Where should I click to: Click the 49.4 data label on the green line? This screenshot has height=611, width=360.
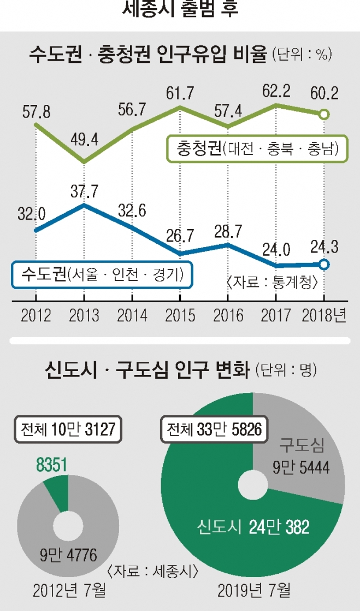(84, 140)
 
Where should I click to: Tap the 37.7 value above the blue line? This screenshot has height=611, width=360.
(84, 191)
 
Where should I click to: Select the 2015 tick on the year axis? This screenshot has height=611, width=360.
(180, 316)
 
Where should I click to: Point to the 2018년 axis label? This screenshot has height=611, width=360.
(324, 316)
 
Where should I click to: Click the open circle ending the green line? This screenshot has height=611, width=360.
(324, 114)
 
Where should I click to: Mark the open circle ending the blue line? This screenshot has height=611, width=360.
(324, 265)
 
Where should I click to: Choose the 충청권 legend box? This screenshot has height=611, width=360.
(257, 149)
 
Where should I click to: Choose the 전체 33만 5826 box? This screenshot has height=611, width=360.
(213, 429)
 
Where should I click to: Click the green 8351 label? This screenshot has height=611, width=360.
(51, 465)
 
